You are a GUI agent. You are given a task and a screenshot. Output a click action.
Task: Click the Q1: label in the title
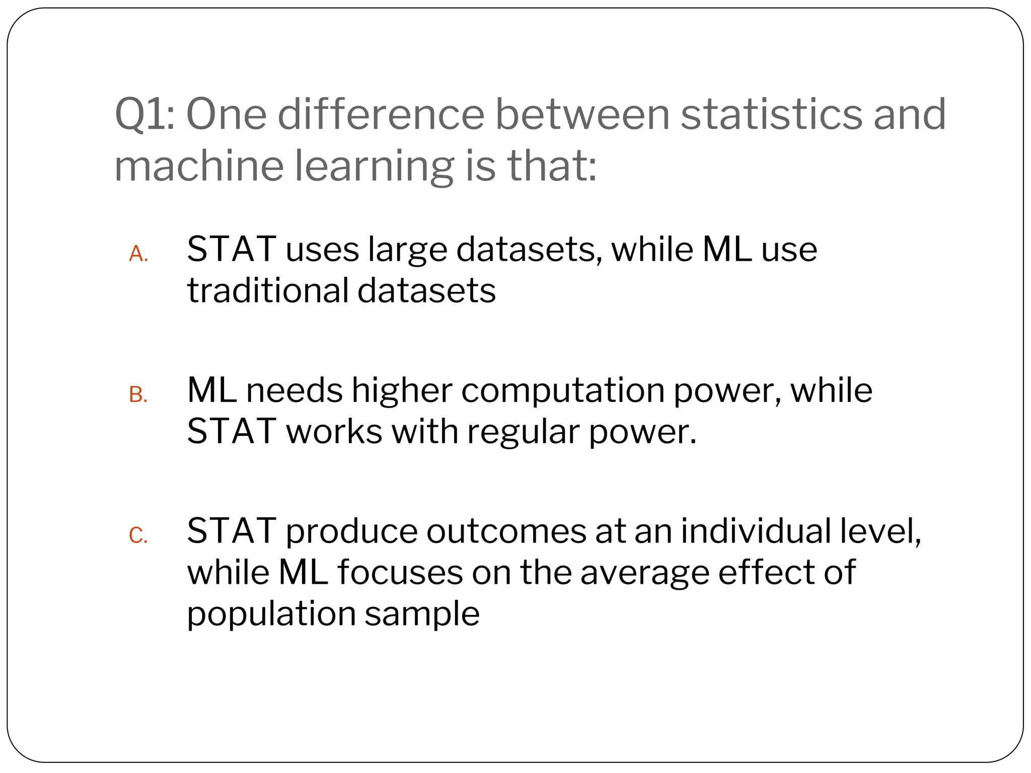click(145, 115)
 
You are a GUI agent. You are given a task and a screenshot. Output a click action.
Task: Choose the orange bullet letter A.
click(138, 255)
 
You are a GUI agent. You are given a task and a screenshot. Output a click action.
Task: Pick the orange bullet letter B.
click(138, 395)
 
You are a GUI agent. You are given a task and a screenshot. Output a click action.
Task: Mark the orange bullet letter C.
click(138, 536)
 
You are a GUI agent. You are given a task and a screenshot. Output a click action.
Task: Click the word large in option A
click(407, 250)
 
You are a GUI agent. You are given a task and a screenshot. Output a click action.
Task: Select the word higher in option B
click(402, 391)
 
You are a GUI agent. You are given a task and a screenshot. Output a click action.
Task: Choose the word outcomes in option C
click(506, 531)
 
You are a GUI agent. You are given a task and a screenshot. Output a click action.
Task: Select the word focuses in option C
click(400, 573)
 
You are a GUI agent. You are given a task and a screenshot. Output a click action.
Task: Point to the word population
click(271, 614)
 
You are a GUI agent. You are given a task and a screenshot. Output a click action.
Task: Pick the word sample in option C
click(422, 614)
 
